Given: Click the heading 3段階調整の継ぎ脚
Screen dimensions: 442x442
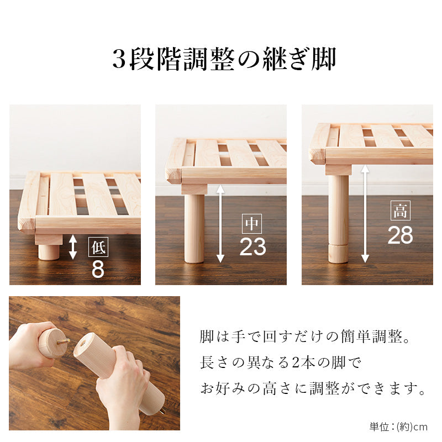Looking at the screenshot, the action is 224,59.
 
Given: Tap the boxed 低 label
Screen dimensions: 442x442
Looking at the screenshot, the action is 98,247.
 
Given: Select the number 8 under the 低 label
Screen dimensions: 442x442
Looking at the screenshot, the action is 98,269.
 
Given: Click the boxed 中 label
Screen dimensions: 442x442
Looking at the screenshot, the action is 252,224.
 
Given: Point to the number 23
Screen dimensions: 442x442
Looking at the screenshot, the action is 252,246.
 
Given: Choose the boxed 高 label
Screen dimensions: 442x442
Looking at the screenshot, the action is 400,211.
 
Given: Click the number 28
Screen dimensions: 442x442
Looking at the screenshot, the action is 400,235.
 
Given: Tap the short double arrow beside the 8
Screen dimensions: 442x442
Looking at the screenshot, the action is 73,247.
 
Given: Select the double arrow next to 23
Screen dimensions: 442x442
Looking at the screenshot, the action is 220,224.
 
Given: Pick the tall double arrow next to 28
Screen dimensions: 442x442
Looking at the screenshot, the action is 365,214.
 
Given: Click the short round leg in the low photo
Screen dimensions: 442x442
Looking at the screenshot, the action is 49,252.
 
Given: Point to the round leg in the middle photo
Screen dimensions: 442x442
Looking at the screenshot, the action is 194,228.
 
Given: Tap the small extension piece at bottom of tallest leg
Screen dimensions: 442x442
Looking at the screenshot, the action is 338,254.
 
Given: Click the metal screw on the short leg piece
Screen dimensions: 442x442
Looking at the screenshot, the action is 63,342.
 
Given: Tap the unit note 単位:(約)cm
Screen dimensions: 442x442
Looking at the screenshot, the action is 398,427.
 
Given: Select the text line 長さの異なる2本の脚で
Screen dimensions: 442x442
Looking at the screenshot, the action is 281,362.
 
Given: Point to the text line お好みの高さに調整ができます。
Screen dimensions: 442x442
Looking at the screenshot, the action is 313,388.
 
